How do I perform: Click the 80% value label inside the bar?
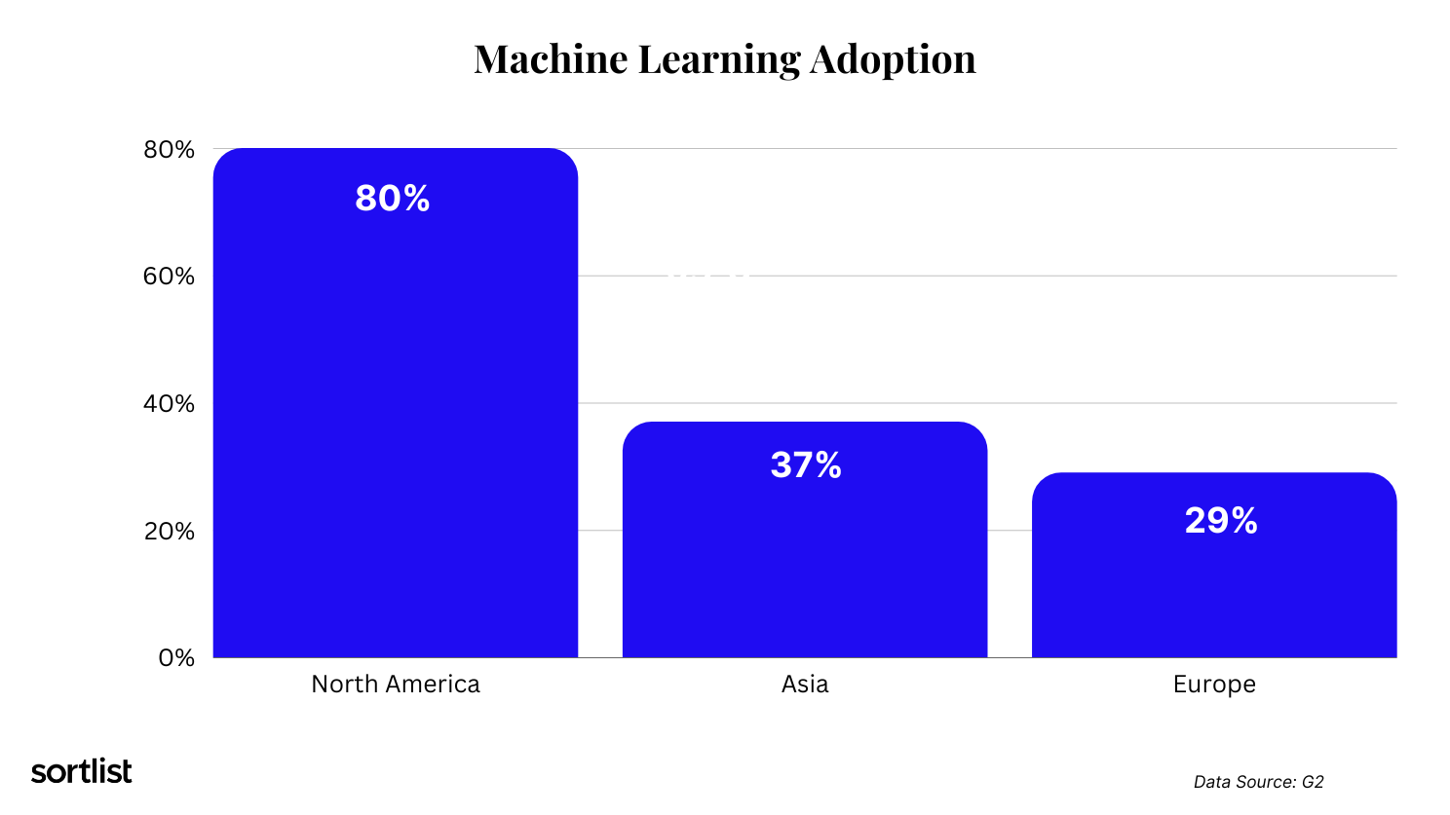pyautogui.click(x=393, y=199)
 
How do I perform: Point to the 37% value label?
pyautogui.click(x=806, y=465)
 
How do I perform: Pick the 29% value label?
pyautogui.click(x=1221, y=521)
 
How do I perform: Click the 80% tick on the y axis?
pyautogui.click(x=170, y=150)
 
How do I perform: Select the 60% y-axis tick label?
pyautogui.click(x=170, y=277)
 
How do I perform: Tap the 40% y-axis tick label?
pyautogui.click(x=170, y=404)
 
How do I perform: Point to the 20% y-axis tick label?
pyautogui.click(x=170, y=532)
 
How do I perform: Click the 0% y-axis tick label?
pyautogui.click(x=176, y=658)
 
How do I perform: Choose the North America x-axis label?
pyautogui.click(x=396, y=685)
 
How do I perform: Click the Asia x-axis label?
pyautogui.click(x=805, y=685)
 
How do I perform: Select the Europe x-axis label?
pyautogui.click(x=1214, y=685)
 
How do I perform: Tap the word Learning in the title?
pyautogui.click(x=719, y=61)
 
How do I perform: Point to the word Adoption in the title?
pyautogui.click(x=893, y=61)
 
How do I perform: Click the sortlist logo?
pyautogui.click(x=82, y=771)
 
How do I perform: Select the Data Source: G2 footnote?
pyautogui.click(x=1258, y=782)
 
